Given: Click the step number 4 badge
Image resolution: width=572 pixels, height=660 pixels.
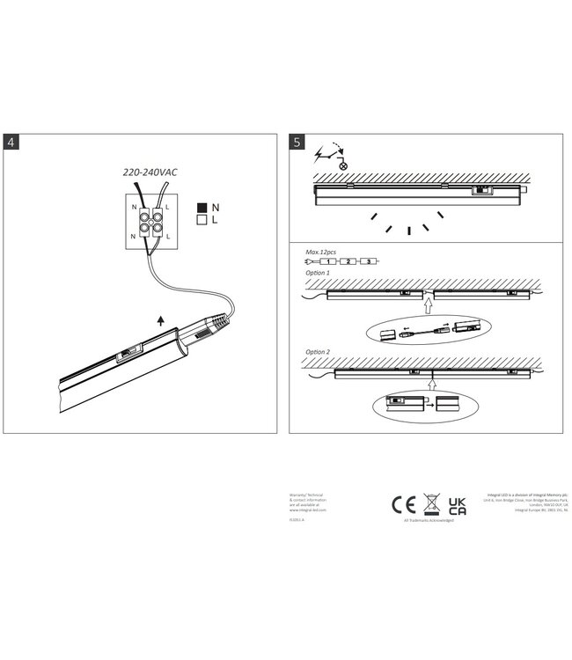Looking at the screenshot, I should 11,142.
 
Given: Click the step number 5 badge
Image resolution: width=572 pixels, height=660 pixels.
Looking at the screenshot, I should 297,142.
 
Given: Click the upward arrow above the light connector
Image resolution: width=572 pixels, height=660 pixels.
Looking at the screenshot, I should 159,322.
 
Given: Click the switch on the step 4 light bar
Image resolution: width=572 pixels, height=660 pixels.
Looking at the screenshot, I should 127,356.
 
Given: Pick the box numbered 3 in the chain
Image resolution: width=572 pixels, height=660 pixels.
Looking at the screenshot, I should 369,261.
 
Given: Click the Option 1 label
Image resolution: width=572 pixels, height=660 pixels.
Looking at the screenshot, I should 318,273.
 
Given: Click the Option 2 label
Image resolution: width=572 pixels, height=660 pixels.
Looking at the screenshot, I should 318,352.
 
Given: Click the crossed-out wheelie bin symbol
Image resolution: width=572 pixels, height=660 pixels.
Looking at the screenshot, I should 430,503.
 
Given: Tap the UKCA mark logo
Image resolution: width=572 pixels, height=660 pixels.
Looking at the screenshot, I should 458,505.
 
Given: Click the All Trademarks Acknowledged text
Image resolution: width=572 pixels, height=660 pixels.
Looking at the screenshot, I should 429,521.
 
